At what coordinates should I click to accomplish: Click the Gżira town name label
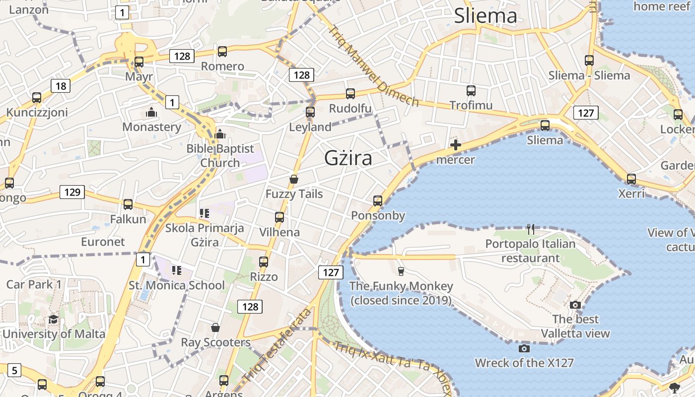[x=348, y=158]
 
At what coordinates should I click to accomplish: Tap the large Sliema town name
[x=486, y=16]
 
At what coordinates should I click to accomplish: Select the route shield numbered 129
[x=72, y=192]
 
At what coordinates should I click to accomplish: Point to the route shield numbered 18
[x=61, y=86]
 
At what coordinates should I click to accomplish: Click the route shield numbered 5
[x=14, y=370]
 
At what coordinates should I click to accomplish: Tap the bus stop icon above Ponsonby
[x=378, y=201]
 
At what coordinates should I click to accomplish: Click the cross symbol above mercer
[x=456, y=145]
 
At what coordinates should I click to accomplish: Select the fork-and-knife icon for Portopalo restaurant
[x=531, y=229]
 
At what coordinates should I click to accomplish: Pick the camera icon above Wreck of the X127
[x=524, y=348]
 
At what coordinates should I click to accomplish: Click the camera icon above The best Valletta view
[x=575, y=305]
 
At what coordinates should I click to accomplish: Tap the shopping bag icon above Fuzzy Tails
[x=294, y=179]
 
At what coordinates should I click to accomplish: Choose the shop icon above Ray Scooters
[x=215, y=328]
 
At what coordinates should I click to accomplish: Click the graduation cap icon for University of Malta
[x=54, y=319]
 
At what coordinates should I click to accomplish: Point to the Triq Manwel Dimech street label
[x=374, y=66]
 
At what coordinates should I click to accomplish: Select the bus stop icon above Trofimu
[x=471, y=91]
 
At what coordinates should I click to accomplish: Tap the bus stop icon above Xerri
[x=631, y=179]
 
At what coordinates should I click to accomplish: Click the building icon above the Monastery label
[x=151, y=113]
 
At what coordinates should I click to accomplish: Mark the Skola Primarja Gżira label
[x=205, y=235]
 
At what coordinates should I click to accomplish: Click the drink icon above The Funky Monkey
[x=401, y=271]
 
